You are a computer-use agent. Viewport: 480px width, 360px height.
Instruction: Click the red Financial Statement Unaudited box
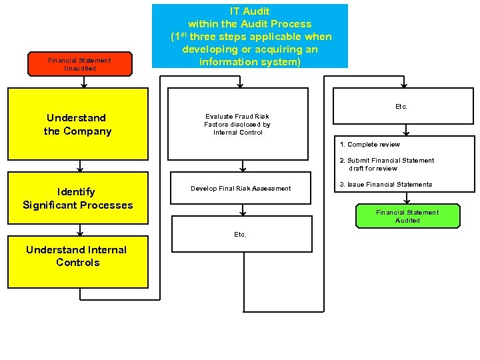pyautogui.click(x=79, y=64)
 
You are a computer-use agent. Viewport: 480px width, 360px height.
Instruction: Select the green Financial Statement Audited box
pyautogui.click(x=407, y=216)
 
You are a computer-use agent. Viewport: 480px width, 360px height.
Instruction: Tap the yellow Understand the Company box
pyautogui.click(x=77, y=124)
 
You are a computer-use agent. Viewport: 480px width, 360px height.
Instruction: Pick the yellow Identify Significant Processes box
pyautogui.click(x=77, y=198)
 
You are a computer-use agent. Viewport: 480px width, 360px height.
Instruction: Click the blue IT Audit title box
pyautogui.click(x=250, y=36)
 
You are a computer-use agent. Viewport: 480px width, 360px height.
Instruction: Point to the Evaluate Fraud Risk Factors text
pyautogui.click(x=237, y=124)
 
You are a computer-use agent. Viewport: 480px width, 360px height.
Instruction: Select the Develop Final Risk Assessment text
pyautogui.click(x=241, y=189)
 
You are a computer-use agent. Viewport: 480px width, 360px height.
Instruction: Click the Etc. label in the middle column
pyautogui.click(x=240, y=235)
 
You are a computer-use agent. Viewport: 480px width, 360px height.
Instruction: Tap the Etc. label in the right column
pyautogui.click(x=401, y=107)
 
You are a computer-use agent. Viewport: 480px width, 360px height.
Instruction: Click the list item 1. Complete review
pyautogui.click(x=369, y=145)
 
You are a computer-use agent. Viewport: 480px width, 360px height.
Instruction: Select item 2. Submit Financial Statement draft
pyautogui.click(x=387, y=164)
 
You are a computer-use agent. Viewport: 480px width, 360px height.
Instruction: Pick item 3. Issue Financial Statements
pyautogui.click(x=386, y=185)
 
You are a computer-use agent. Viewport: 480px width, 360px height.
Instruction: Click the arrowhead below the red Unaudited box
pyautogui.click(x=84, y=85)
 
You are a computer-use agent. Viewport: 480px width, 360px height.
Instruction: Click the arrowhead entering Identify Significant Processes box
pyautogui.click(x=80, y=169)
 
